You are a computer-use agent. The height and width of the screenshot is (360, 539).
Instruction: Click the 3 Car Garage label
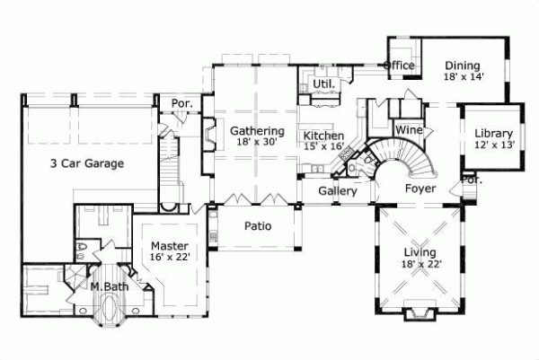click(86, 163)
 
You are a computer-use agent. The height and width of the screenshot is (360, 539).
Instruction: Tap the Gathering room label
click(251, 130)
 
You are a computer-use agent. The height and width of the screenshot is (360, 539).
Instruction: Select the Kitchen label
click(323, 135)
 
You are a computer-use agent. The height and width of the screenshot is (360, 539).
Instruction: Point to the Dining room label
click(462, 66)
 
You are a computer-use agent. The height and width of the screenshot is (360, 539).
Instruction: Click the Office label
click(399, 66)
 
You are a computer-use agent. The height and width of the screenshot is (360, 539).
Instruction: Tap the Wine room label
click(409, 130)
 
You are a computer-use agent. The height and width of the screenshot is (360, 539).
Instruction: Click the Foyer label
click(420, 189)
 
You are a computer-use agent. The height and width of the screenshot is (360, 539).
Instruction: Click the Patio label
click(257, 226)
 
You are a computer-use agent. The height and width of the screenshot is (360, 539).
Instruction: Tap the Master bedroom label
click(168, 245)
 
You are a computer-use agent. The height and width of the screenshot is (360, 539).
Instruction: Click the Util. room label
click(323, 84)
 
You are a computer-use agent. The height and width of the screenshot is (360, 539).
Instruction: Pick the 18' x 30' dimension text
click(251, 142)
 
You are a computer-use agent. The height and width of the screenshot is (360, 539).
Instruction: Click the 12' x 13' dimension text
click(493, 145)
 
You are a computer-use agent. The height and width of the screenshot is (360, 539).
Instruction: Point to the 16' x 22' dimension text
click(168, 257)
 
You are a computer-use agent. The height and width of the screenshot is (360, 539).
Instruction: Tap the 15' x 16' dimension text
click(323, 146)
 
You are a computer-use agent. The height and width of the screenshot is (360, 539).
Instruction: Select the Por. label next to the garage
click(182, 104)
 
